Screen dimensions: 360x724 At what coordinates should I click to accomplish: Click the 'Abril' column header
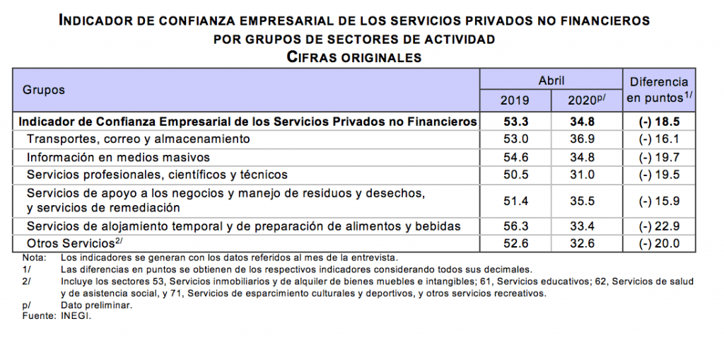click(551, 81)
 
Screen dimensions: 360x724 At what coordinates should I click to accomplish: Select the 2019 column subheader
click(515, 100)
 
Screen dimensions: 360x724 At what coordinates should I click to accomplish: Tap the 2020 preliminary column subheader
click(586, 100)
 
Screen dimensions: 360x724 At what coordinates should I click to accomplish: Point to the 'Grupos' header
click(44, 90)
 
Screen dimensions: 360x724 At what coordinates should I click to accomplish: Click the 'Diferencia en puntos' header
click(659, 90)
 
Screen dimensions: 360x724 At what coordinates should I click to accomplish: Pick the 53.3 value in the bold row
click(515, 122)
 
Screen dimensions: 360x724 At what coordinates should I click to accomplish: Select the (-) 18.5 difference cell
click(659, 122)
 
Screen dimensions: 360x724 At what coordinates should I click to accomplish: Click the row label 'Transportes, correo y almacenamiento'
click(138, 139)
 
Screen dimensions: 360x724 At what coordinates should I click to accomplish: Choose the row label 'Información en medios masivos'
click(119, 156)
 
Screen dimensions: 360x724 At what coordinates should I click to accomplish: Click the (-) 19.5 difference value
click(659, 174)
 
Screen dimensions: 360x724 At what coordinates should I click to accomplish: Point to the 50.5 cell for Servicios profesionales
click(515, 174)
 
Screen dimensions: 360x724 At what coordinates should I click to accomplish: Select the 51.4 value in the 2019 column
click(515, 201)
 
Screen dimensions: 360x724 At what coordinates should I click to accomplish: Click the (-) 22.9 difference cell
click(659, 226)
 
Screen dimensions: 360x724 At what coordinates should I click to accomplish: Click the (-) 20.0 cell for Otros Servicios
click(659, 243)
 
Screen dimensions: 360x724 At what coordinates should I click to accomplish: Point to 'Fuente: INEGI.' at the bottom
click(57, 316)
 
